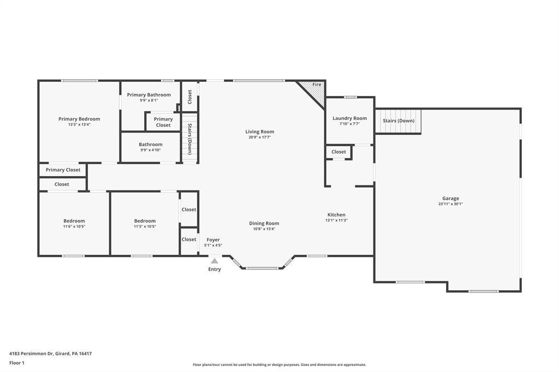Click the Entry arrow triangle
[x=214, y=261]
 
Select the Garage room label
[x=450, y=199]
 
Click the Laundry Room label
[x=349, y=118]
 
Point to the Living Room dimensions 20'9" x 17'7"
[x=259, y=137]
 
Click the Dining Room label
[x=264, y=224]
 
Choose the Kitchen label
[x=336, y=214]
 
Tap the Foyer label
[x=213, y=240]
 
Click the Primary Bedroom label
[x=79, y=119]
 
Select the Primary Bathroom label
[x=148, y=95]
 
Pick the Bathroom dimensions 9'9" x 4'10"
[x=151, y=150]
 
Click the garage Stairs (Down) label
[x=399, y=121]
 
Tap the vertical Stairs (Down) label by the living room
[x=190, y=139]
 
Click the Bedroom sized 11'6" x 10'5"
[x=74, y=221]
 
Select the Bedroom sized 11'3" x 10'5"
[x=145, y=221]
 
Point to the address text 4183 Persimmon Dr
[x=31, y=353]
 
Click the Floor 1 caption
[x=17, y=363]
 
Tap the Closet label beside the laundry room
[x=338, y=152]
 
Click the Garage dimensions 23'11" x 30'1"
[x=450, y=204]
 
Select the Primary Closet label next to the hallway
[x=63, y=170]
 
